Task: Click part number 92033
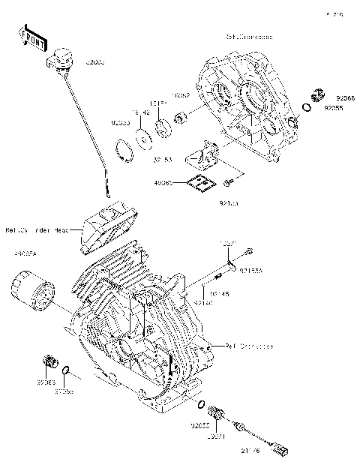(120, 121)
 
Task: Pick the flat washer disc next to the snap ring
(140, 138)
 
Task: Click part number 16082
(182, 97)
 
